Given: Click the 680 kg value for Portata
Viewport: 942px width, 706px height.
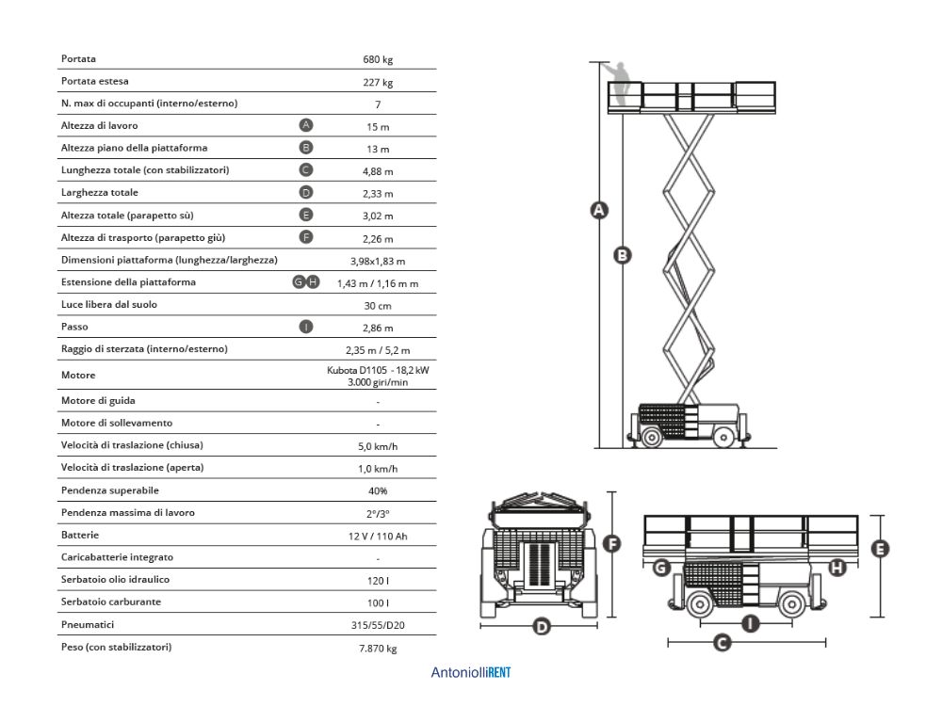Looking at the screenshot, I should click(x=378, y=59).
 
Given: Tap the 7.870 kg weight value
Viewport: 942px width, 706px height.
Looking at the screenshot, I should click(x=378, y=648).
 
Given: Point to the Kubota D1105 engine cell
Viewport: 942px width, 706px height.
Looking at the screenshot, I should click(x=378, y=376).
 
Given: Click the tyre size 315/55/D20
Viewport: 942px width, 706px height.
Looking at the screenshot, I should click(x=378, y=624).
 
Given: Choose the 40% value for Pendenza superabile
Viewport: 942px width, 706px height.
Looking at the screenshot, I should click(x=378, y=490).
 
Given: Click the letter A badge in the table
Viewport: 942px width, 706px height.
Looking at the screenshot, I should click(x=306, y=125).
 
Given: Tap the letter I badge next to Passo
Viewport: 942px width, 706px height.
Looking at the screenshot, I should click(x=306, y=327).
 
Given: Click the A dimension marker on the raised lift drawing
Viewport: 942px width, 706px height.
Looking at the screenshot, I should click(x=596, y=211).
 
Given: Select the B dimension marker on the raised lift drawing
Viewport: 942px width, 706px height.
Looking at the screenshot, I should click(x=622, y=254).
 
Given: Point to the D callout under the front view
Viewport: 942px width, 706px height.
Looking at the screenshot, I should click(x=542, y=626).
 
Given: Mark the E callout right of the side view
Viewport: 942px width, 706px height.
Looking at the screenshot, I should click(x=882, y=549).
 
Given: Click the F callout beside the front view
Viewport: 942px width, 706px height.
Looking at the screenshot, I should click(x=610, y=544).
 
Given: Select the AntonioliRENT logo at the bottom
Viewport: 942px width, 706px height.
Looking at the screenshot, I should click(x=471, y=673).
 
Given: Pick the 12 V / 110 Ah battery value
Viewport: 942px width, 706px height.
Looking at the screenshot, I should click(x=378, y=536).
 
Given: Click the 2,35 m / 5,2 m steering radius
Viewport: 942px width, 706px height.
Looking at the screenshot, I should click(x=378, y=350).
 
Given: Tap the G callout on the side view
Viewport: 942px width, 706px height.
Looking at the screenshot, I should click(x=661, y=567).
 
